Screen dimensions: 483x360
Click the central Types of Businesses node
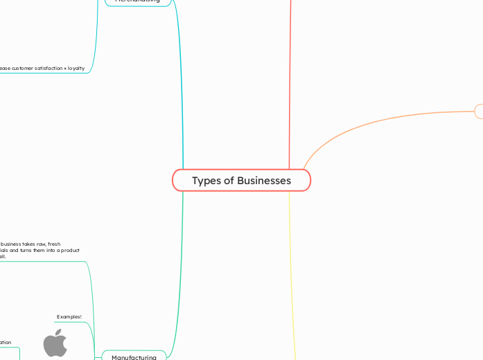[x=241, y=181]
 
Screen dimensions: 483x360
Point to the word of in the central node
[x=227, y=181]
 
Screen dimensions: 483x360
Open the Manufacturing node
[x=134, y=357]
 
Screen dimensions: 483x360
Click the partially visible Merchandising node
[x=137, y=2]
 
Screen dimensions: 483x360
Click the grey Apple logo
[x=55, y=344]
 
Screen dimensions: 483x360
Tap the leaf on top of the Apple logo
[x=58, y=332]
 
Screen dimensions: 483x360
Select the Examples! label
[x=69, y=316]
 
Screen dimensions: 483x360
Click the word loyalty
[x=75, y=68]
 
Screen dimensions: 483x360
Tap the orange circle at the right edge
[x=480, y=111]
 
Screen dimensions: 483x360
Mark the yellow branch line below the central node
[x=292, y=277]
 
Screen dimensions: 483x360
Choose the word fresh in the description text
[x=52, y=244]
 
